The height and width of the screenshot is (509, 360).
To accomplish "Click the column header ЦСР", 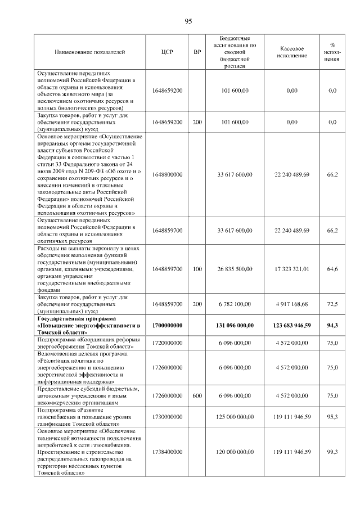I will point(167,52).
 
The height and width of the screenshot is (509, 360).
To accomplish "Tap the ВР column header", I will point(197,52).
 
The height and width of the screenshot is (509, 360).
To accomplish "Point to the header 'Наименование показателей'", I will point(89,52).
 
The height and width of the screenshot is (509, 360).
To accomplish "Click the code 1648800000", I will point(167,175).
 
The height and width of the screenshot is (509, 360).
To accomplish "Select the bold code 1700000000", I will point(167,326).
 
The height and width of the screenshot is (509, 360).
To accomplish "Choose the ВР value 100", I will point(197,269).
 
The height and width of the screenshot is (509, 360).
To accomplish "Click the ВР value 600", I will point(197,396).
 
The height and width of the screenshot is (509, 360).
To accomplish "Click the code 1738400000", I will point(167,451).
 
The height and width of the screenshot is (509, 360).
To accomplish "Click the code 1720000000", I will point(167,342).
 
